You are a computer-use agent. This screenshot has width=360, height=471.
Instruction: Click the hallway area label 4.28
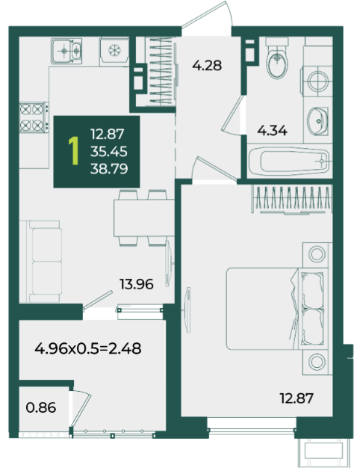click(207, 65)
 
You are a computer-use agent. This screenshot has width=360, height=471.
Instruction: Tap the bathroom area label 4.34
click(273, 131)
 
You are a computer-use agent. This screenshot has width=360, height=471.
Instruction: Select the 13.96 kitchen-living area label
click(137, 284)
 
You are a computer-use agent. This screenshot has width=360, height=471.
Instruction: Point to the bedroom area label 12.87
click(297, 398)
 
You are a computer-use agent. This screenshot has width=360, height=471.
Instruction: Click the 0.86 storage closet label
click(41, 408)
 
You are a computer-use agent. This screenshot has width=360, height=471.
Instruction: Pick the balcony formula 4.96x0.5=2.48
click(88, 348)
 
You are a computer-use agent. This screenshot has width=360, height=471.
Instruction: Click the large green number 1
click(73, 151)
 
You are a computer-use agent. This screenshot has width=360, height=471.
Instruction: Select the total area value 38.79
click(109, 169)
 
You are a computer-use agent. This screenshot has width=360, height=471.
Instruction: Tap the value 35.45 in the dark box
click(109, 152)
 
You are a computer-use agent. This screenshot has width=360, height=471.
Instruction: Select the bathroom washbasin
click(317, 121)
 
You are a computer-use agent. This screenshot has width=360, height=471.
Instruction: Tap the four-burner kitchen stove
click(34, 117)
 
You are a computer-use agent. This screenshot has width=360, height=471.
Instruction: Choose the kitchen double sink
click(66, 51)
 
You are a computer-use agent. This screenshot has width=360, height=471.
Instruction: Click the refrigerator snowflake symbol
click(114, 51)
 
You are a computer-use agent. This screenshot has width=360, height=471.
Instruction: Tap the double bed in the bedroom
click(276, 309)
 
